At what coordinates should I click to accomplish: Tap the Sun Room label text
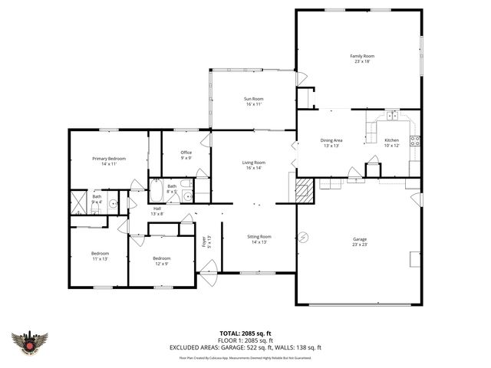click(x=253, y=101)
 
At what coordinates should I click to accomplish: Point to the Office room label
click(x=186, y=155)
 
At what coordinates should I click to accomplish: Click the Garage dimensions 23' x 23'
click(x=359, y=245)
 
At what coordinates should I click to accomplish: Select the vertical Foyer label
click(x=204, y=243)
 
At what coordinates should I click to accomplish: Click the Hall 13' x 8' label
click(x=157, y=211)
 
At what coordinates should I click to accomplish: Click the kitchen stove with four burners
click(x=414, y=140)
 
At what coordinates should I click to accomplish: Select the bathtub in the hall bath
click(x=156, y=189)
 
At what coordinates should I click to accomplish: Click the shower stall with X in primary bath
click(x=79, y=202)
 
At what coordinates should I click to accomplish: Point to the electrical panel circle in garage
click(x=303, y=237)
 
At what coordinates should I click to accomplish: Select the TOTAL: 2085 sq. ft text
click(x=245, y=333)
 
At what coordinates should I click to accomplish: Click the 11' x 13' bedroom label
click(x=101, y=256)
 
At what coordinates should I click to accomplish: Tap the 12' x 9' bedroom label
click(x=160, y=261)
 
